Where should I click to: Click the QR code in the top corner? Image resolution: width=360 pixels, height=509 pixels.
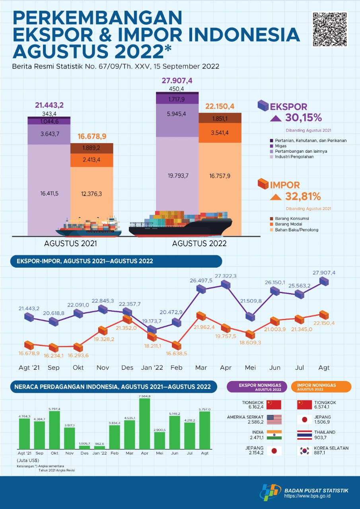click(330, 29)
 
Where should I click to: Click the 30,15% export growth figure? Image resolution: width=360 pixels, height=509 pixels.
click(304, 118)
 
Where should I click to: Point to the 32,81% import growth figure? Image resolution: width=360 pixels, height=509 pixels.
click(304, 196)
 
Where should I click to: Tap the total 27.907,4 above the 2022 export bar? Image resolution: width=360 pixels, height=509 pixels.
click(177, 81)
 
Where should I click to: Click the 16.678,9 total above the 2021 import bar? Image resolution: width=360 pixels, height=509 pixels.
click(92, 136)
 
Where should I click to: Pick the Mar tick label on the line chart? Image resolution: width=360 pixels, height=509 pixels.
click(201, 368)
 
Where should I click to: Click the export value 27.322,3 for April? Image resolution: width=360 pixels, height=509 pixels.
click(226, 276)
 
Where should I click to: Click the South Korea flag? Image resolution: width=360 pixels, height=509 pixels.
click(305, 451)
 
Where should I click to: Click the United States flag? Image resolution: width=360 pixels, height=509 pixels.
click(274, 420)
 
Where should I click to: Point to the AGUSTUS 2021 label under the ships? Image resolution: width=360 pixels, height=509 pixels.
click(70, 243)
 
